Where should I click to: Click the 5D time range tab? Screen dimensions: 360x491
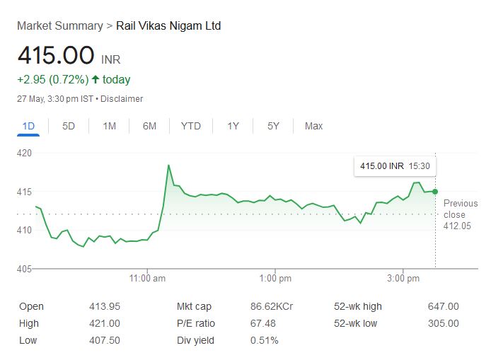click(x=69, y=126)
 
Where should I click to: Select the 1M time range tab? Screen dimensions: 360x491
click(x=109, y=126)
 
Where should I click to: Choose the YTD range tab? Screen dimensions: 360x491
click(x=190, y=126)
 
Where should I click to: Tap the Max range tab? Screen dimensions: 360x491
click(x=313, y=126)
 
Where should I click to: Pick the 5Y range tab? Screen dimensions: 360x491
click(x=273, y=126)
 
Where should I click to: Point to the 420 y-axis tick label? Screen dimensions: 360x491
click(x=25, y=153)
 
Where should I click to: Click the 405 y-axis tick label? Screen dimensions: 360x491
click(x=25, y=269)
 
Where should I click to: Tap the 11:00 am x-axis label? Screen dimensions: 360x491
click(x=147, y=279)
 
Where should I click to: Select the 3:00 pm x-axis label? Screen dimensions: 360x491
click(x=403, y=279)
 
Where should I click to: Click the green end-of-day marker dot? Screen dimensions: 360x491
click(x=435, y=192)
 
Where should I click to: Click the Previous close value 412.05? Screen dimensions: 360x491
click(x=457, y=226)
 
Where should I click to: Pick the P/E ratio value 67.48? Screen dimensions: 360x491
click(x=263, y=323)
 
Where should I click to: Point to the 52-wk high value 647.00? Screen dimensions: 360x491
click(x=443, y=306)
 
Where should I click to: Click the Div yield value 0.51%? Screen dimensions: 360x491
click(x=264, y=340)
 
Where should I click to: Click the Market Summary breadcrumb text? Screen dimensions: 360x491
click(x=59, y=25)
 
